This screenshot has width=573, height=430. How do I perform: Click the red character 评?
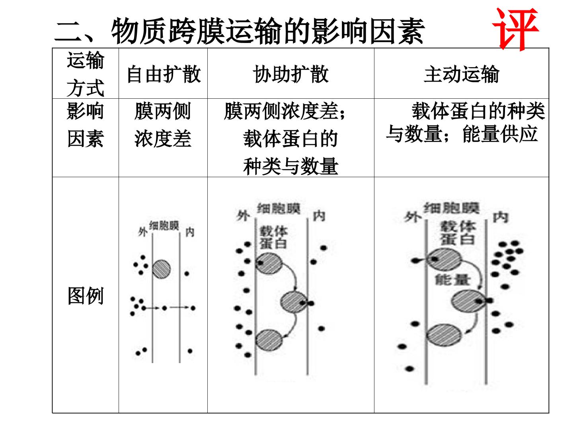coord(515,29)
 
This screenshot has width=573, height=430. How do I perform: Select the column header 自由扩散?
coord(164,74)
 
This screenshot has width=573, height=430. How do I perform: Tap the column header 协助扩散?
coord(290,74)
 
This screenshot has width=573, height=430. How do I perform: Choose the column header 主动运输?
coord(462,74)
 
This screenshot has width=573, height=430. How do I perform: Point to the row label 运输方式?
coord(86,74)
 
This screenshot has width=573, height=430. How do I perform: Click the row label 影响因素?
coord(86,125)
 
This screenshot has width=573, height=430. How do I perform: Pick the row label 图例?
coord(86,295)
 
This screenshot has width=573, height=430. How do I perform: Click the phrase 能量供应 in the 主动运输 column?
coord(500,134)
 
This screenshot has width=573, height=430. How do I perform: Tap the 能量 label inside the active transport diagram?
coord(452,280)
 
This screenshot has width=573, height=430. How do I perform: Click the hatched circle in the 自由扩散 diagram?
coord(161,269)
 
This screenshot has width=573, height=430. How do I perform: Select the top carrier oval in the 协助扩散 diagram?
coord(269,264)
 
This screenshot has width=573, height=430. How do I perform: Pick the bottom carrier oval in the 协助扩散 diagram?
coord(269,340)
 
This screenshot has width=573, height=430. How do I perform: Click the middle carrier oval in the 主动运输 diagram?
coord(469,301)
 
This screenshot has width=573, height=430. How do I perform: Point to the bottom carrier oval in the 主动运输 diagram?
coord(444,335)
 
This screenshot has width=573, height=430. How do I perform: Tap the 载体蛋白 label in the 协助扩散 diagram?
coord(273,237)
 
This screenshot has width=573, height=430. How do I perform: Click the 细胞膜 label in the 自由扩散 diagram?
coord(164,226)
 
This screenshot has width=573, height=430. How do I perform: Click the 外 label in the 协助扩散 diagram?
coord(243,216)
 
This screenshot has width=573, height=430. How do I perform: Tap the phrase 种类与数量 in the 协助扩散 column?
coord(290,166)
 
